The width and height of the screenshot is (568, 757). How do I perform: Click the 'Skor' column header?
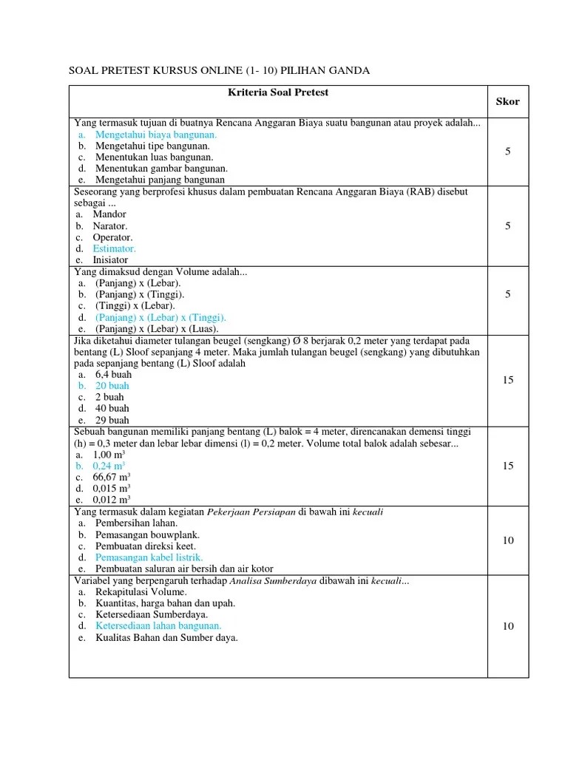pyautogui.click(x=507, y=101)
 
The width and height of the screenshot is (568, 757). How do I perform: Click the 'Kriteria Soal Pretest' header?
pyautogui.click(x=278, y=92)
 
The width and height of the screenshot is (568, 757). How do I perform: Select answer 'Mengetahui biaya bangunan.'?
pyautogui.click(x=155, y=135)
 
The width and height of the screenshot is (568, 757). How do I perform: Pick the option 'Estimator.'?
pyautogui.click(x=114, y=249)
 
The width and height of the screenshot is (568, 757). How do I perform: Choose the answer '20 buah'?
pyautogui.click(x=112, y=386)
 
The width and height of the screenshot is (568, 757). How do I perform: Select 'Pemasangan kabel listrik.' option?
pyautogui.click(x=149, y=557)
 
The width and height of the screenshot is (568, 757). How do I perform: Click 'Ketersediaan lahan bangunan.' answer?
pyautogui.click(x=158, y=626)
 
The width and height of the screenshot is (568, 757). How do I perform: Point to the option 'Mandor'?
pyautogui.click(x=109, y=214)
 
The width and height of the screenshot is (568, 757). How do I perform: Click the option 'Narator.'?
pyautogui.click(x=110, y=225)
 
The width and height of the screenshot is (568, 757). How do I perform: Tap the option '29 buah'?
pyautogui.click(x=112, y=420)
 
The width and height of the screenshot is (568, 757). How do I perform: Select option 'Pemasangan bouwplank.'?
pyautogui.click(x=147, y=534)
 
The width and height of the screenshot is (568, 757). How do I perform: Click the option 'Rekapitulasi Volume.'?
pyautogui.click(x=143, y=592)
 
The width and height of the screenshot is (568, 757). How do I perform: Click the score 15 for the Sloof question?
pyautogui.click(x=508, y=380)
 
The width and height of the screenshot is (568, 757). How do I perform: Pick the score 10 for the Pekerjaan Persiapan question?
pyautogui.click(x=508, y=540)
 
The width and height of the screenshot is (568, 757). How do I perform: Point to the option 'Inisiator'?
pyautogui.click(x=110, y=260)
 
